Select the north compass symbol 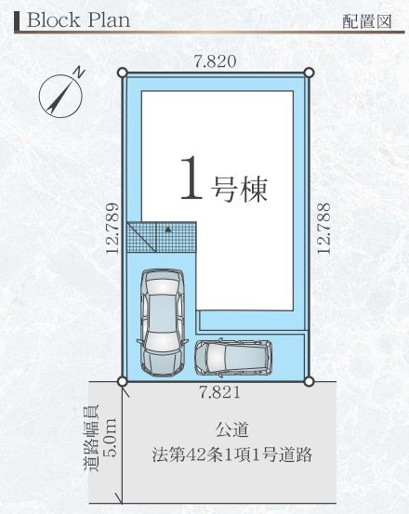click(59, 94)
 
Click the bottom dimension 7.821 click(216, 393)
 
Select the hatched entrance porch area click(162, 237)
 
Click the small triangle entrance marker click(167, 227)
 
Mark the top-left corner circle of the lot click(123, 72)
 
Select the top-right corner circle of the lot click(309, 72)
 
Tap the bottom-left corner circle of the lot click(123, 380)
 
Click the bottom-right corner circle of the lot click(309, 380)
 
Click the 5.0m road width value click(109, 433)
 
